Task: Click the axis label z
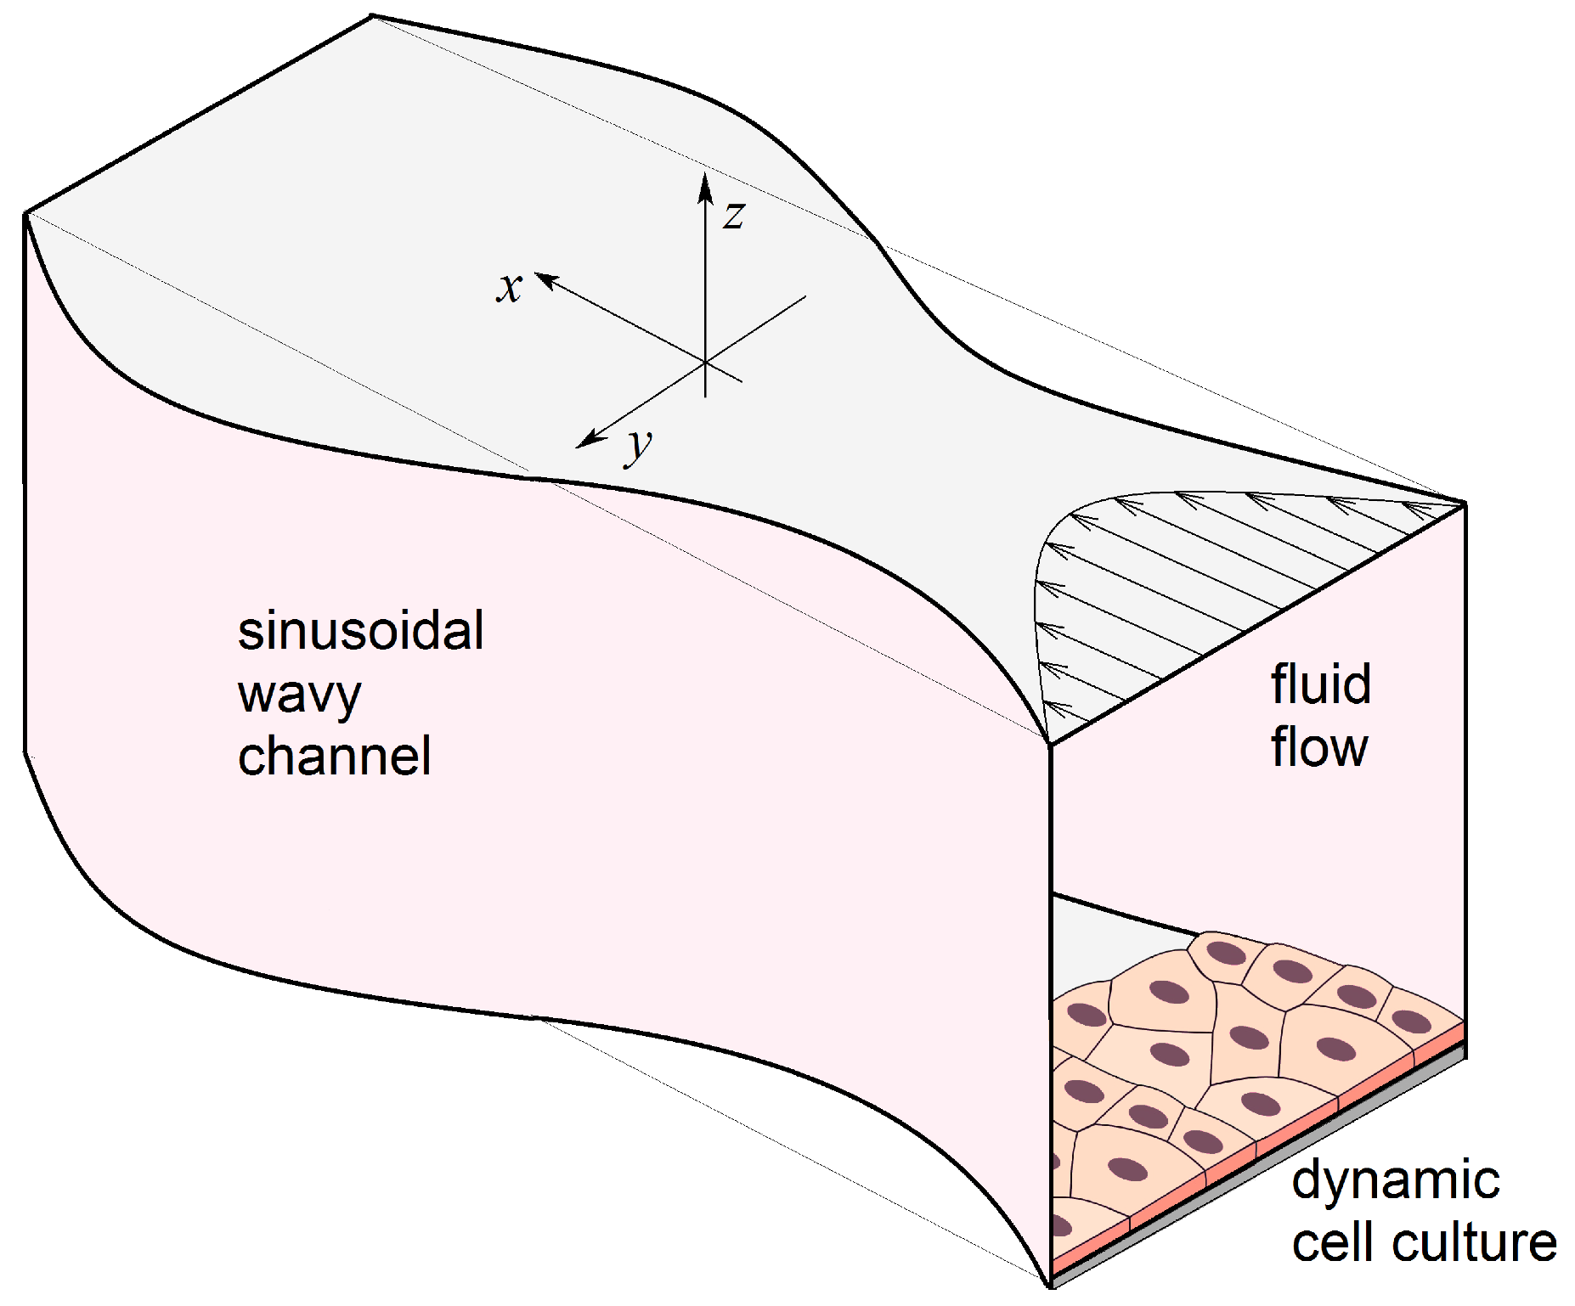coord(734,215)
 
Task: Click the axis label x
coord(509,287)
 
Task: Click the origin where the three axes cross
coord(705,363)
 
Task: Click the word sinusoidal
coord(360,631)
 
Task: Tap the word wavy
coord(299,695)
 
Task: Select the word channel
coord(334,757)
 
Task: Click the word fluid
coord(1320,684)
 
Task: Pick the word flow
coord(1318,748)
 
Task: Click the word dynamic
coord(1395,1181)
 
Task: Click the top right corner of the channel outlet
coord(1465,504)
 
